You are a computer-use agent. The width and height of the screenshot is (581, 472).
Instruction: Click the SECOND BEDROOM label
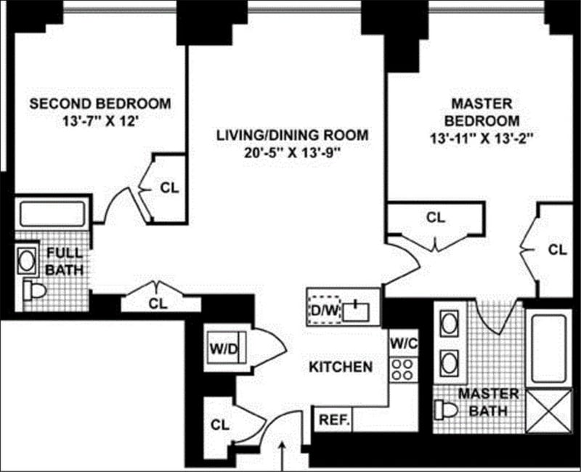[x=100, y=104]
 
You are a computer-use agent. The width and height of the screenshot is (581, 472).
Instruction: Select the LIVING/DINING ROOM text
[x=292, y=135]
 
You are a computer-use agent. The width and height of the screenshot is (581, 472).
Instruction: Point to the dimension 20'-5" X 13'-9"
[x=292, y=152]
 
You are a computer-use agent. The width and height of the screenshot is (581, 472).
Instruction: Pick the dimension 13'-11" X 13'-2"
[x=482, y=139]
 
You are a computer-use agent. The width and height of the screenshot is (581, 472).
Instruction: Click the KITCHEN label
[x=341, y=367]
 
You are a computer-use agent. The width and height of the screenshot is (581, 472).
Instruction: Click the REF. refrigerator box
[x=333, y=420]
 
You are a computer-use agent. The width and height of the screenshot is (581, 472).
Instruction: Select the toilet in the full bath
[x=33, y=290]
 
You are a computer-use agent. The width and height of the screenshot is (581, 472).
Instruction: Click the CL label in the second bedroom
[x=169, y=187]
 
